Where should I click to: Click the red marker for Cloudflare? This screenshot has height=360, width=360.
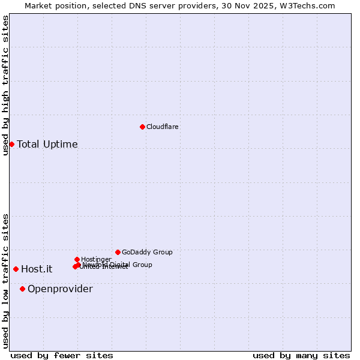coord(142,127)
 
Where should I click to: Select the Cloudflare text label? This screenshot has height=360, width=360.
coord(163,127)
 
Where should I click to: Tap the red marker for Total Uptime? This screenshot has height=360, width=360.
coord(11,144)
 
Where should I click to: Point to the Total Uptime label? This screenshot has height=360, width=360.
coord(47,144)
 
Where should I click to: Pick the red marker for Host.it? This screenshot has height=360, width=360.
coord(16,269)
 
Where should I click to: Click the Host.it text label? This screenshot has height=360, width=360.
coord(37,269)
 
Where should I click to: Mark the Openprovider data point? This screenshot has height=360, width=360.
coord(22,289)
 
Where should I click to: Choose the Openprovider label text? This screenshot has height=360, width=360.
coord(60,289)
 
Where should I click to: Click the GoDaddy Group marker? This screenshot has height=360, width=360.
coord(118,252)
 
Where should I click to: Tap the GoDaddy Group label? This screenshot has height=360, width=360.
coord(147,253)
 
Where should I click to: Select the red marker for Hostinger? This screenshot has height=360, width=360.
coord(77,259)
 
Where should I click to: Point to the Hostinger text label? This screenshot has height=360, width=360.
coord(96,260)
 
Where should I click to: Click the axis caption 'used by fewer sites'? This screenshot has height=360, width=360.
coord(62,356)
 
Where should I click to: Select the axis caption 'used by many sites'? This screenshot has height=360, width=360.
coord(301,356)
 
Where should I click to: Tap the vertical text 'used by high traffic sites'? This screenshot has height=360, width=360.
coord(5,85)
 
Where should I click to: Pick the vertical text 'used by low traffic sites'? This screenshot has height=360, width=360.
coord(5,281)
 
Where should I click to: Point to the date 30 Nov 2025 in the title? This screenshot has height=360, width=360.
coord(256,6)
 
